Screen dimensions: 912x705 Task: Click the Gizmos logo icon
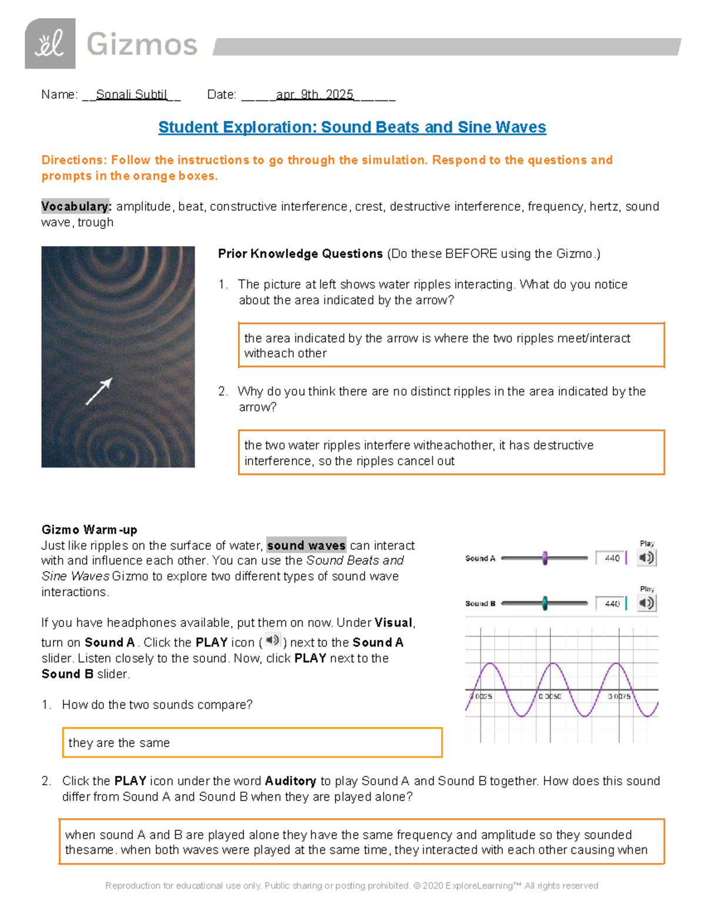[x=50, y=43]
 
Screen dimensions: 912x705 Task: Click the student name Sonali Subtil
[x=132, y=95]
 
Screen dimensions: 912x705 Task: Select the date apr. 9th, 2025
[x=315, y=95]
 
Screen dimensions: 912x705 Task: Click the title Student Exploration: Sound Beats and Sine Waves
[x=352, y=127]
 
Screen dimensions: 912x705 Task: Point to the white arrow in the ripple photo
[x=99, y=392]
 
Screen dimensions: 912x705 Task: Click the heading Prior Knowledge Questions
[x=300, y=254]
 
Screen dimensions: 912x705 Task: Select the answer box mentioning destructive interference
[x=451, y=453]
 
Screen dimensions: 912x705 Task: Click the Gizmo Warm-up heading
[x=89, y=530]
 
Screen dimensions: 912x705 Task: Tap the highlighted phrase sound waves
[x=306, y=546]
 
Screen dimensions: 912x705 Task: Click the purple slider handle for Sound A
[x=545, y=558]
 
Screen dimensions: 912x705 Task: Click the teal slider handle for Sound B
[x=545, y=603]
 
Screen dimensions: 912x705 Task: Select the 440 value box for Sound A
[x=612, y=558]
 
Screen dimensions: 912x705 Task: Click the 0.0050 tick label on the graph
[x=550, y=696]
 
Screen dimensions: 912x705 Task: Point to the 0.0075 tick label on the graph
[x=619, y=696]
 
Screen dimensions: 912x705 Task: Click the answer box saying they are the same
[x=252, y=743]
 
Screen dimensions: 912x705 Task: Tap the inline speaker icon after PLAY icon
[x=272, y=640]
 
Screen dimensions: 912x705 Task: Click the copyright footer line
[x=352, y=886]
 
